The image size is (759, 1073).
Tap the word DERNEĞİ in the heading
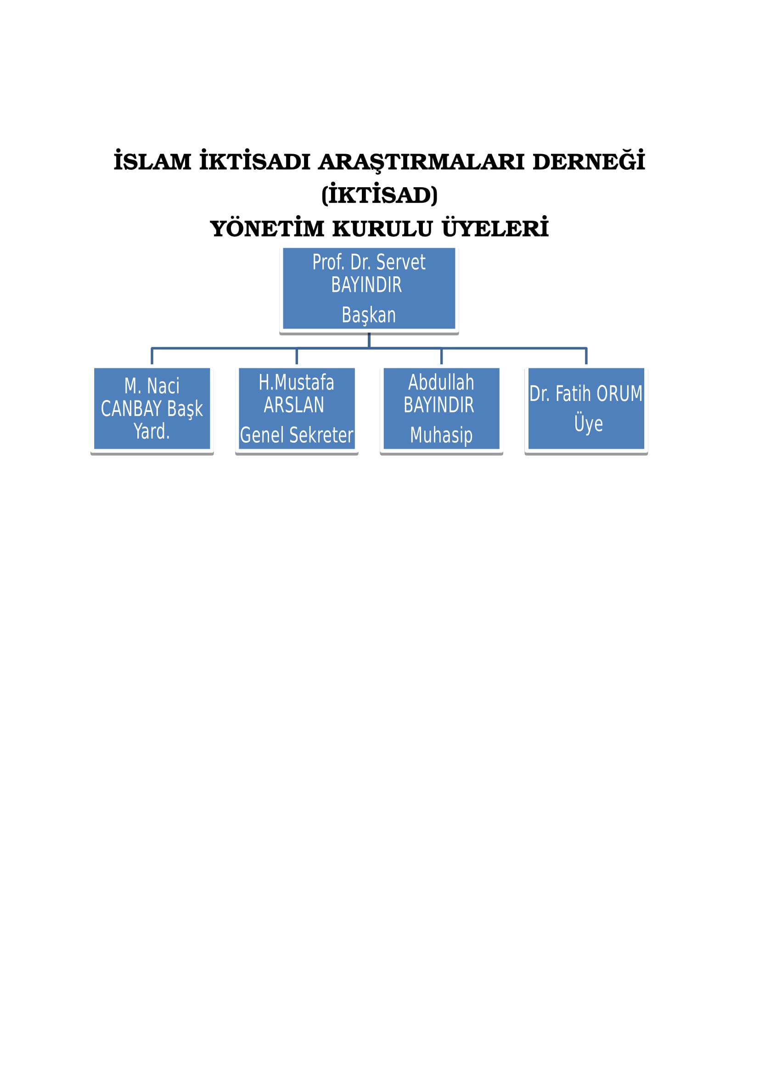tap(589, 160)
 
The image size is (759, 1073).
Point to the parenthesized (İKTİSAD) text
tap(379, 195)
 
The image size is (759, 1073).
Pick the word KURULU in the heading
tap(382, 228)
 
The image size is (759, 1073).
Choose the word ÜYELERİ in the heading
tap(495, 227)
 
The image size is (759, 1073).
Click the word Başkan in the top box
tap(369, 315)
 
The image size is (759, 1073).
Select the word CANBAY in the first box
tap(131, 409)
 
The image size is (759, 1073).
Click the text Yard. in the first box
tap(152, 431)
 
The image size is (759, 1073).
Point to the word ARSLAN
tap(294, 405)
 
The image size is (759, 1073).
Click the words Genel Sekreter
tap(297, 435)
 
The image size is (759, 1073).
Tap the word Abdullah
tap(441, 382)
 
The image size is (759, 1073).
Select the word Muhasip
tap(441, 435)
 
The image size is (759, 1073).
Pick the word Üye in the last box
tap(589, 423)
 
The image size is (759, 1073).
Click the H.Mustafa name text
tap(297, 382)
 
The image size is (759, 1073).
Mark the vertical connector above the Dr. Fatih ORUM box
tap(586, 356)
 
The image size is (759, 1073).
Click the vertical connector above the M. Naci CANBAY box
tap(152, 356)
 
